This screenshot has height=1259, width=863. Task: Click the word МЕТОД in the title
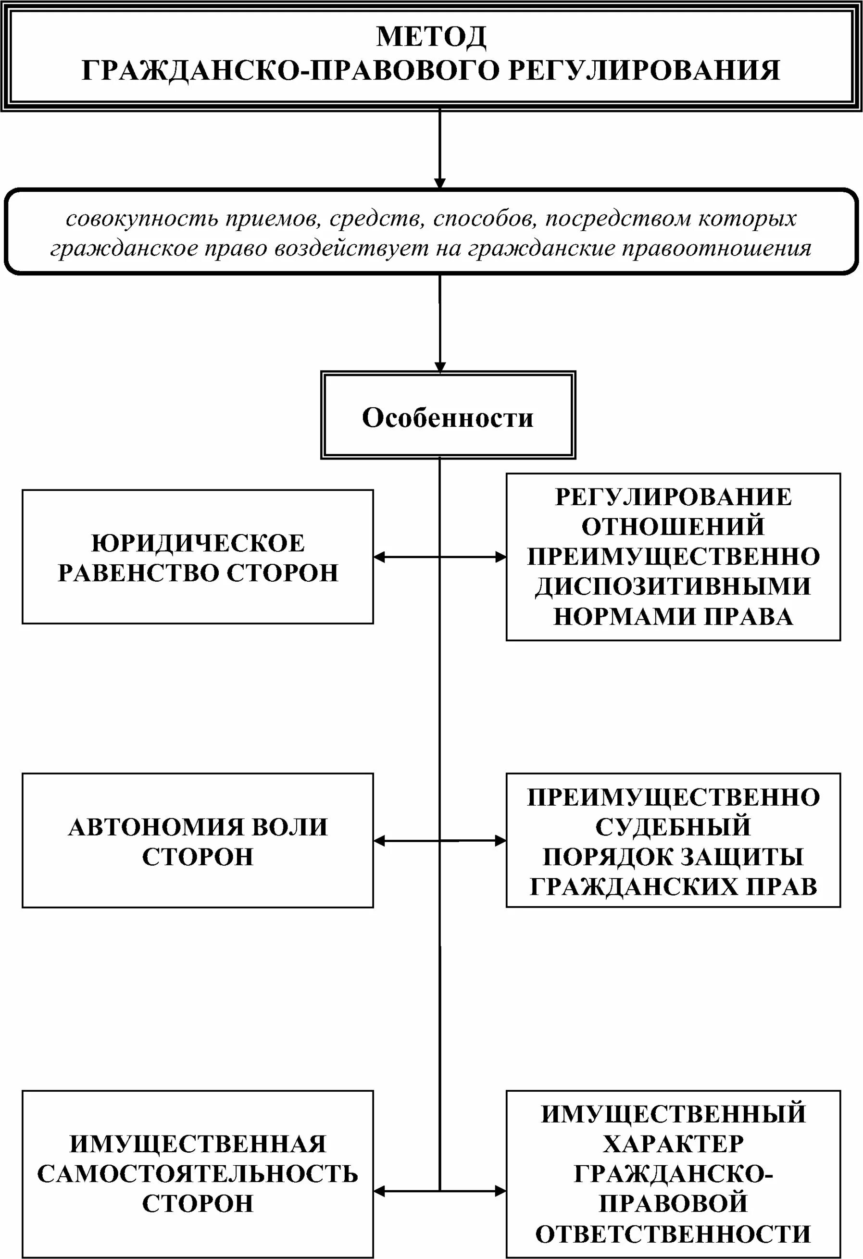431,37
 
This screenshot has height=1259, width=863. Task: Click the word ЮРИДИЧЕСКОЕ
198,543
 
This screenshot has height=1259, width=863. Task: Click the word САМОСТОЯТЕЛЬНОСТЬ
198,1174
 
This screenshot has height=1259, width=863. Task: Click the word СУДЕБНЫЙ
673,827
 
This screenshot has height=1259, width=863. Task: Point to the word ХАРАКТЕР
673,1144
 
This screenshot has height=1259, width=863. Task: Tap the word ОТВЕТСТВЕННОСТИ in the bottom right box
673,1234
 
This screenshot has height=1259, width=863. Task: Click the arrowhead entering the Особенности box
440,367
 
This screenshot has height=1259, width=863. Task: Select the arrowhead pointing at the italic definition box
440,184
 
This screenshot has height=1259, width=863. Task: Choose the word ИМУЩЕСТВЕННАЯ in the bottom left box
198,1144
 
